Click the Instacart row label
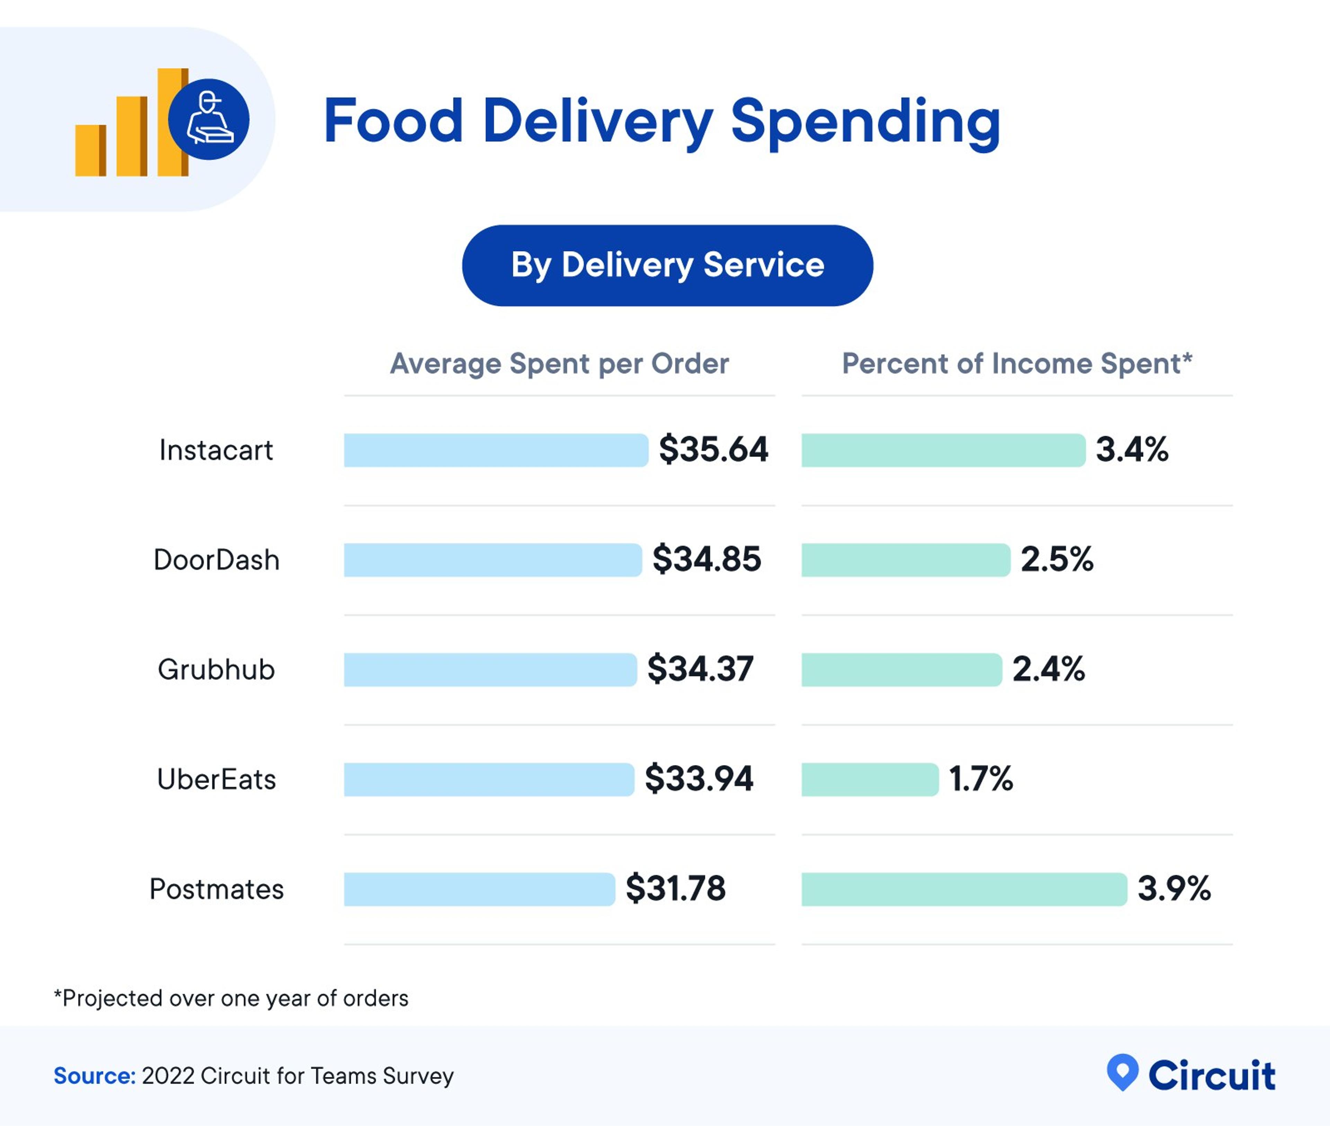point(216,450)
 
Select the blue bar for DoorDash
point(492,560)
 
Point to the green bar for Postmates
point(964,889)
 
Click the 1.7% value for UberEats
point(980,779)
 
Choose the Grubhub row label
point(216,670)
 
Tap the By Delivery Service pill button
point(667,265)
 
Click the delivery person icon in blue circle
point(209,120)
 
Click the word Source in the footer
point(94,1075)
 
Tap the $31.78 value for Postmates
point(675,889)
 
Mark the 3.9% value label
point(1174,889)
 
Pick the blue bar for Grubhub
point(489,670)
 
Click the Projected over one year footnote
point(231,998)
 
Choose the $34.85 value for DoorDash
point(707,559)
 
